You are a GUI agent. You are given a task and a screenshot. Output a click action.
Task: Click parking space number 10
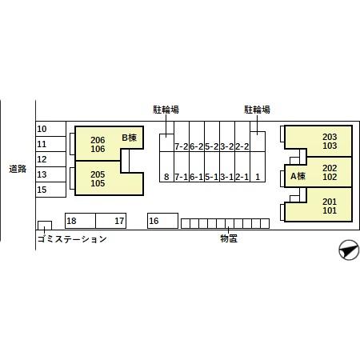pyautogui.click(x=50, y=129)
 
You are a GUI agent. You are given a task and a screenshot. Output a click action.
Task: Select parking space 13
pyautogui.click(x=50, y=174)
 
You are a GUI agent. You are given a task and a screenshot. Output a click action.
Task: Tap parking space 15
pyautogui.click(x=50, y=190)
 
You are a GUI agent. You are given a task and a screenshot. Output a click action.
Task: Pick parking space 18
pyautogui.click(x=80, y=221)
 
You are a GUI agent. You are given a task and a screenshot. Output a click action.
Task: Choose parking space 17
pyautogui.click(x=110, y=221)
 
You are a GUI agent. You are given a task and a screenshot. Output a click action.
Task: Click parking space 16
pyautogui.click(x=162, y=221)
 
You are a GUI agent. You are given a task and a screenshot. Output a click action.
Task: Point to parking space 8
pyautogui.click(x=166, y=167)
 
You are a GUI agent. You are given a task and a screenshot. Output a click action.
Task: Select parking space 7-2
pyautogui.click(x=182, y=137)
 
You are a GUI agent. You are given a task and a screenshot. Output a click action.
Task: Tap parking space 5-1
pyautogui.click(x=212, y=167)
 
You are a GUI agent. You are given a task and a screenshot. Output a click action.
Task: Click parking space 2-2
pyautogui.click(x=242, y=137)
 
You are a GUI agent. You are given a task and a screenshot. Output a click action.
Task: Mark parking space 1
pyautogui.click(x=258, y=167)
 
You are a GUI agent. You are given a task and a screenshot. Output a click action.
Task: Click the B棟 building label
pyautogui.click(x=130, y=138)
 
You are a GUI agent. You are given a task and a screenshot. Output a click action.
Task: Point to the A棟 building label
pyautogui.click(x=298, y=176)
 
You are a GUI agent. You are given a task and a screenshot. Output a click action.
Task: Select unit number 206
pyautogui.click(x=98, y=140)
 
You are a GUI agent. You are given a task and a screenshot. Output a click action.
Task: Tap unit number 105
pyautogui.click(x=98, y=183)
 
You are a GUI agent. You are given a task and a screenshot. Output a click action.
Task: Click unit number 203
pyautogui.click(x=330, y=137)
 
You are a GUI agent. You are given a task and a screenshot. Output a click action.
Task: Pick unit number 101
pyautogui.click(x=330, y=210)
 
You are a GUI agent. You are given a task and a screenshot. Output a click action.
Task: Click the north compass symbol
pyautogui.click(x=349, y=250)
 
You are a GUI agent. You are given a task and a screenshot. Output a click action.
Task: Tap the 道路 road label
pyautogui.click(x=18, y=169)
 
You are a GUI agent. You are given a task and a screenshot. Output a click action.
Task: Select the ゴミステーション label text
pyautogui.click(x=72, y=239)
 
